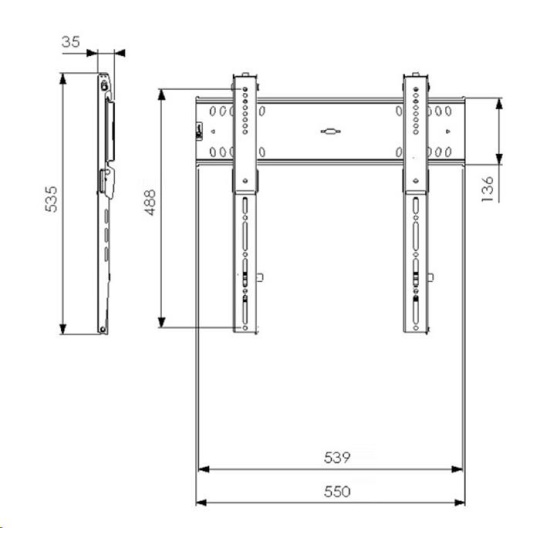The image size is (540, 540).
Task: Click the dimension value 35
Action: pos(71,42)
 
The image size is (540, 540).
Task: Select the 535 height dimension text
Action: pos(51,199)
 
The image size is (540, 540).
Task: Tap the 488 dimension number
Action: pos(150,202)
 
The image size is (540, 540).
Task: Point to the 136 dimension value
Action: pos(487,189)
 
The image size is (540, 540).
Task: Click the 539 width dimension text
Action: pos(337,458)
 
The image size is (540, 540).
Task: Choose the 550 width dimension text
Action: pos(337,491)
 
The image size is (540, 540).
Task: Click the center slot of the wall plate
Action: pos(331,131)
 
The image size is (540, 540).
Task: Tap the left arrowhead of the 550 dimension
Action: pos(201,503)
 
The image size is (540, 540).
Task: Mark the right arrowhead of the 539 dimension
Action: pos(457,469)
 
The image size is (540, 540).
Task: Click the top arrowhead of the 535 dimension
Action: pos(63,79)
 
